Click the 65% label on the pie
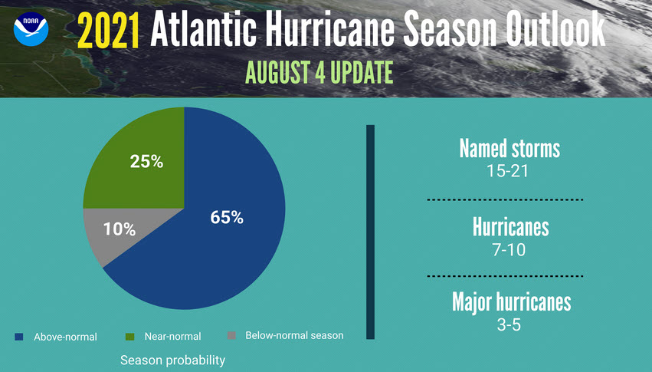227,217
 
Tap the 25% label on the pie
146,162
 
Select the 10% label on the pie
120,229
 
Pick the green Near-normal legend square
129,336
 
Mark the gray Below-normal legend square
232,336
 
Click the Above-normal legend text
65,337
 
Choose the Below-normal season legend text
294,335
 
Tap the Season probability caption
172,359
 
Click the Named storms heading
509,148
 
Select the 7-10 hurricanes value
510,250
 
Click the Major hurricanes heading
511,301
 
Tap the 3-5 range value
510,324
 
